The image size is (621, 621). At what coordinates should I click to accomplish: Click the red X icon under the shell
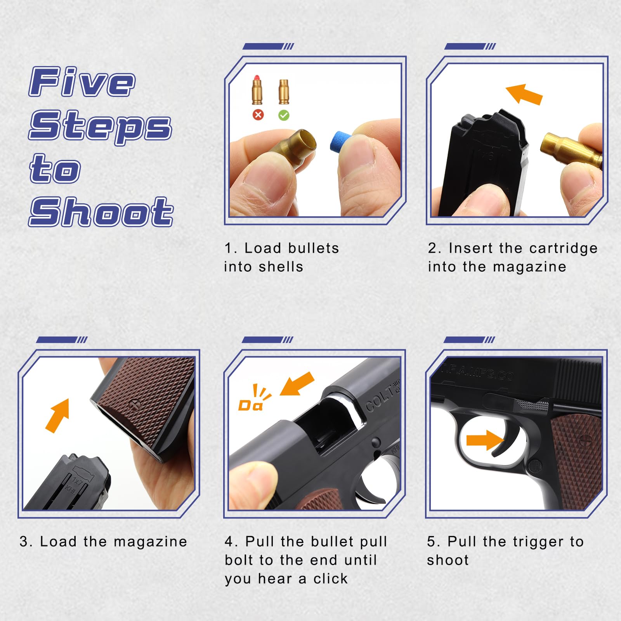[x=258, y=115]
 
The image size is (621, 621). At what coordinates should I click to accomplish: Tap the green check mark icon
[x=284, y=115]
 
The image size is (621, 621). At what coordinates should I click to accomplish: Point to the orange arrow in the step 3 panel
[x=57, y=416]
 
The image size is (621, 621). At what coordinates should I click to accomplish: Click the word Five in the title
[x=82, y=82]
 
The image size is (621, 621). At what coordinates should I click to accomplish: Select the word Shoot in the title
[x=101, y=212]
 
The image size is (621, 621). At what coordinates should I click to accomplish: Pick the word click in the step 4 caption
[x=330, y=579]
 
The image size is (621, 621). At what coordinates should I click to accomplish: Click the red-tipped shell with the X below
[x=257, y=90]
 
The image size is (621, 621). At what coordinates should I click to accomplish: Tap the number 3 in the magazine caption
[x=23, y=541]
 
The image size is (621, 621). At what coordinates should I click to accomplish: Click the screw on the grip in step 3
[x=135, y=404]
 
